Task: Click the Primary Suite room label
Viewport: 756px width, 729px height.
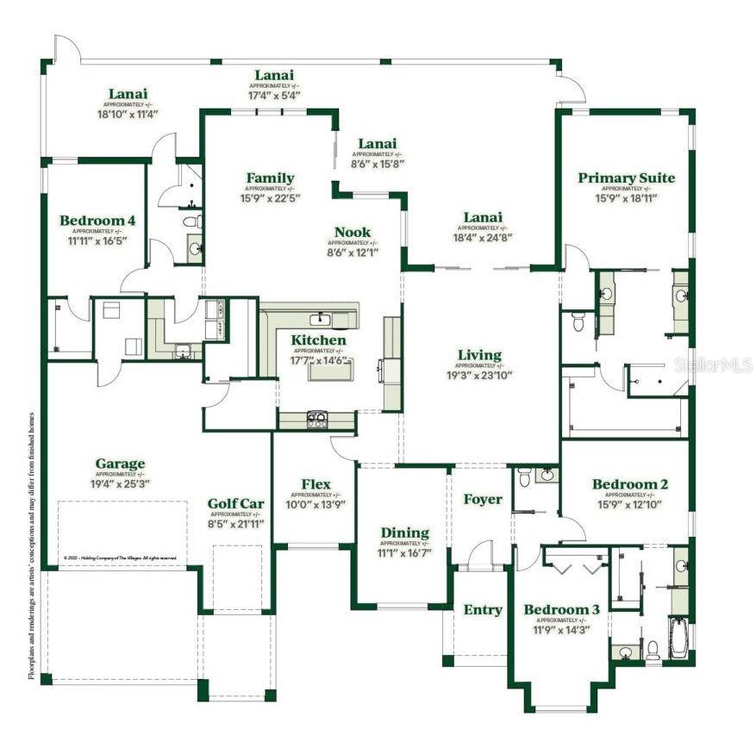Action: (x=626, y=178)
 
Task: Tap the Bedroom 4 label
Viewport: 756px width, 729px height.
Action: (x=97, y=221)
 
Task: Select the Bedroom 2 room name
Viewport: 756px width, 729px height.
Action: (x=629, y=484)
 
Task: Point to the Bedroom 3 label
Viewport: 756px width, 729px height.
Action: (x=561, y=610)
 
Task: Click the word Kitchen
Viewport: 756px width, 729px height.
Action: (x=318, y=340)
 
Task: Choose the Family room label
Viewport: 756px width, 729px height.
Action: (x=270, y=178)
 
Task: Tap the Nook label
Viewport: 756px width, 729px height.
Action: (x=353, y=232)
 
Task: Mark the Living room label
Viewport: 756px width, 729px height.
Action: (x=479, y=355)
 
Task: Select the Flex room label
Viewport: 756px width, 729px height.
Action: (x=316, y=484)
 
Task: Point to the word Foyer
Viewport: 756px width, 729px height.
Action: (x=482, y=499)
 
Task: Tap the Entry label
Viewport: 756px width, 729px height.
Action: (x=483, y=610)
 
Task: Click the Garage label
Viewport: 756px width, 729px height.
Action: (x=120, y=464)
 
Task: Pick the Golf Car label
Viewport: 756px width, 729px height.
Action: (x=234, y=504)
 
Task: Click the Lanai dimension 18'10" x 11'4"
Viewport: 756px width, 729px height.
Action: (x=127, y=113)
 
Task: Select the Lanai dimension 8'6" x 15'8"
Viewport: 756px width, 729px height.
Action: (x=378, y=163)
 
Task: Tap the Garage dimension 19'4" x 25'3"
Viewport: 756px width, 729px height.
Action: (x=120, y=484)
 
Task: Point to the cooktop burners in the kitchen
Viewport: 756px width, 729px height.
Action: (x=316, y=420)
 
